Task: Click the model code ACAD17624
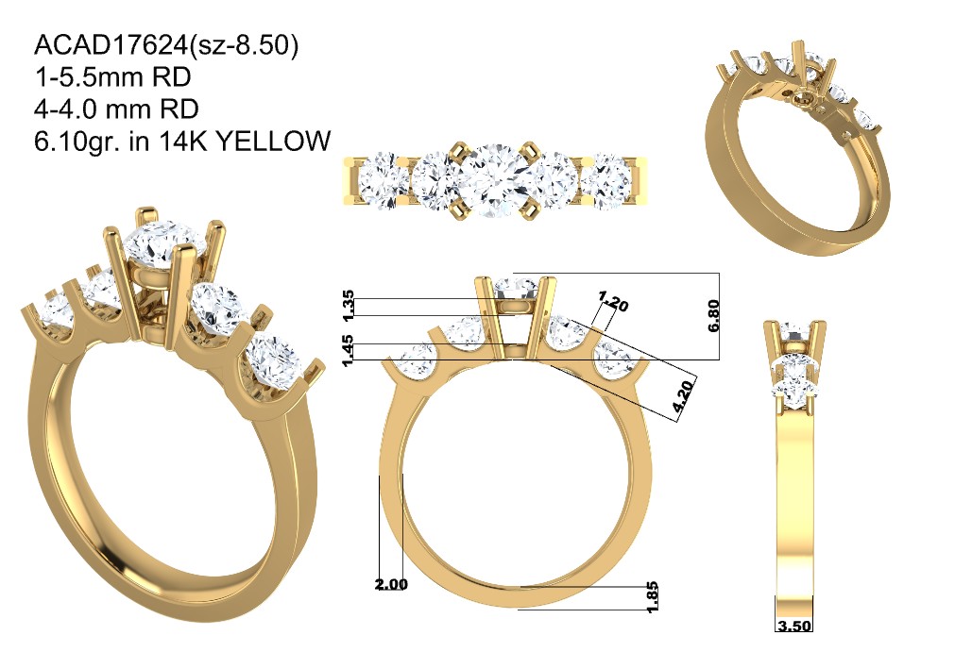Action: point(111,45)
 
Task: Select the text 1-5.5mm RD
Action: point(112,76)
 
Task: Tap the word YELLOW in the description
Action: point(273,142)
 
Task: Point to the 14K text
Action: point(181,142)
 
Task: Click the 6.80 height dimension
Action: point(713,316)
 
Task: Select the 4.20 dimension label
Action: point(683,397)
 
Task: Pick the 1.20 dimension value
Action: point(613,301)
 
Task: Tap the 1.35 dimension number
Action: point(349,306)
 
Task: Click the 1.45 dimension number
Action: point(349,350)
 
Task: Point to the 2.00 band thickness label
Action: point(391,584)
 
